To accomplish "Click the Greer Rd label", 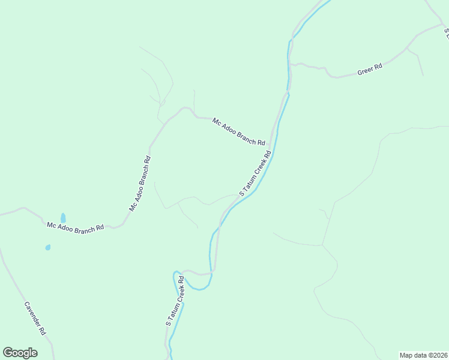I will tap(370, 70).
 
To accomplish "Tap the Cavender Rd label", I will tap(35, 318).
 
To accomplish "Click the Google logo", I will tap(20, 353).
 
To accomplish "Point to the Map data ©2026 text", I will tap(424, 355).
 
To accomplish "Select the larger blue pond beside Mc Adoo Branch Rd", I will tap(63, 218).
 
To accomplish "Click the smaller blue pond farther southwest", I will tap(47, 247).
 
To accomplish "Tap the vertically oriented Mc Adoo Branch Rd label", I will tap(140, 184).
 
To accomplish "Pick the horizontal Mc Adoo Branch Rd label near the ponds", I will tap(76, 227).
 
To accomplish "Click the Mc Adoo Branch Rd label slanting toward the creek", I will tap(238, 131).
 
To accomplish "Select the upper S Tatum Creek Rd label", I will tap(256, 173).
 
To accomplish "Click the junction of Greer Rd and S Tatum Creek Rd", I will tap(290, 64).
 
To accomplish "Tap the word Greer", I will tap(366, 71).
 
